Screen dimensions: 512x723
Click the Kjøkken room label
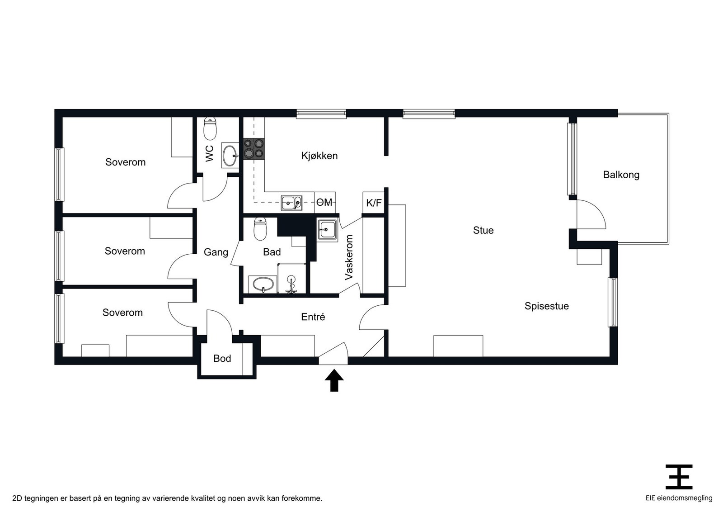(319, 156)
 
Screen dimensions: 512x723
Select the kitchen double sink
(291, 203)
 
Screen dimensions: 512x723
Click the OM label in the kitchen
(324, 202)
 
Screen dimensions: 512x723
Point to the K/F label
(374, 203)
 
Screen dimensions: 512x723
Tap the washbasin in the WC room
(230, 156)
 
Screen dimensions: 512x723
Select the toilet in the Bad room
(260, 229)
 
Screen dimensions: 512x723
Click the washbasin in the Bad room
(263, 285)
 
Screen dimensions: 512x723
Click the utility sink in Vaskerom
(327, 229)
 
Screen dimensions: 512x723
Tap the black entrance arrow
(334, 380)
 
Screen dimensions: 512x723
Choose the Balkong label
(621, 175)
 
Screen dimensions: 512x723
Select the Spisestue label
(546, 306)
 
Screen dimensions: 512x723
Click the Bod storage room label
(222, 359)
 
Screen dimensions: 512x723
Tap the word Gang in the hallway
(216, 252)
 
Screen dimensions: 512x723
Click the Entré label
(313, 317)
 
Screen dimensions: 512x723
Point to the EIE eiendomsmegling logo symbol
(679, 476)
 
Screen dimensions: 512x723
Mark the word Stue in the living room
(483, 230)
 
